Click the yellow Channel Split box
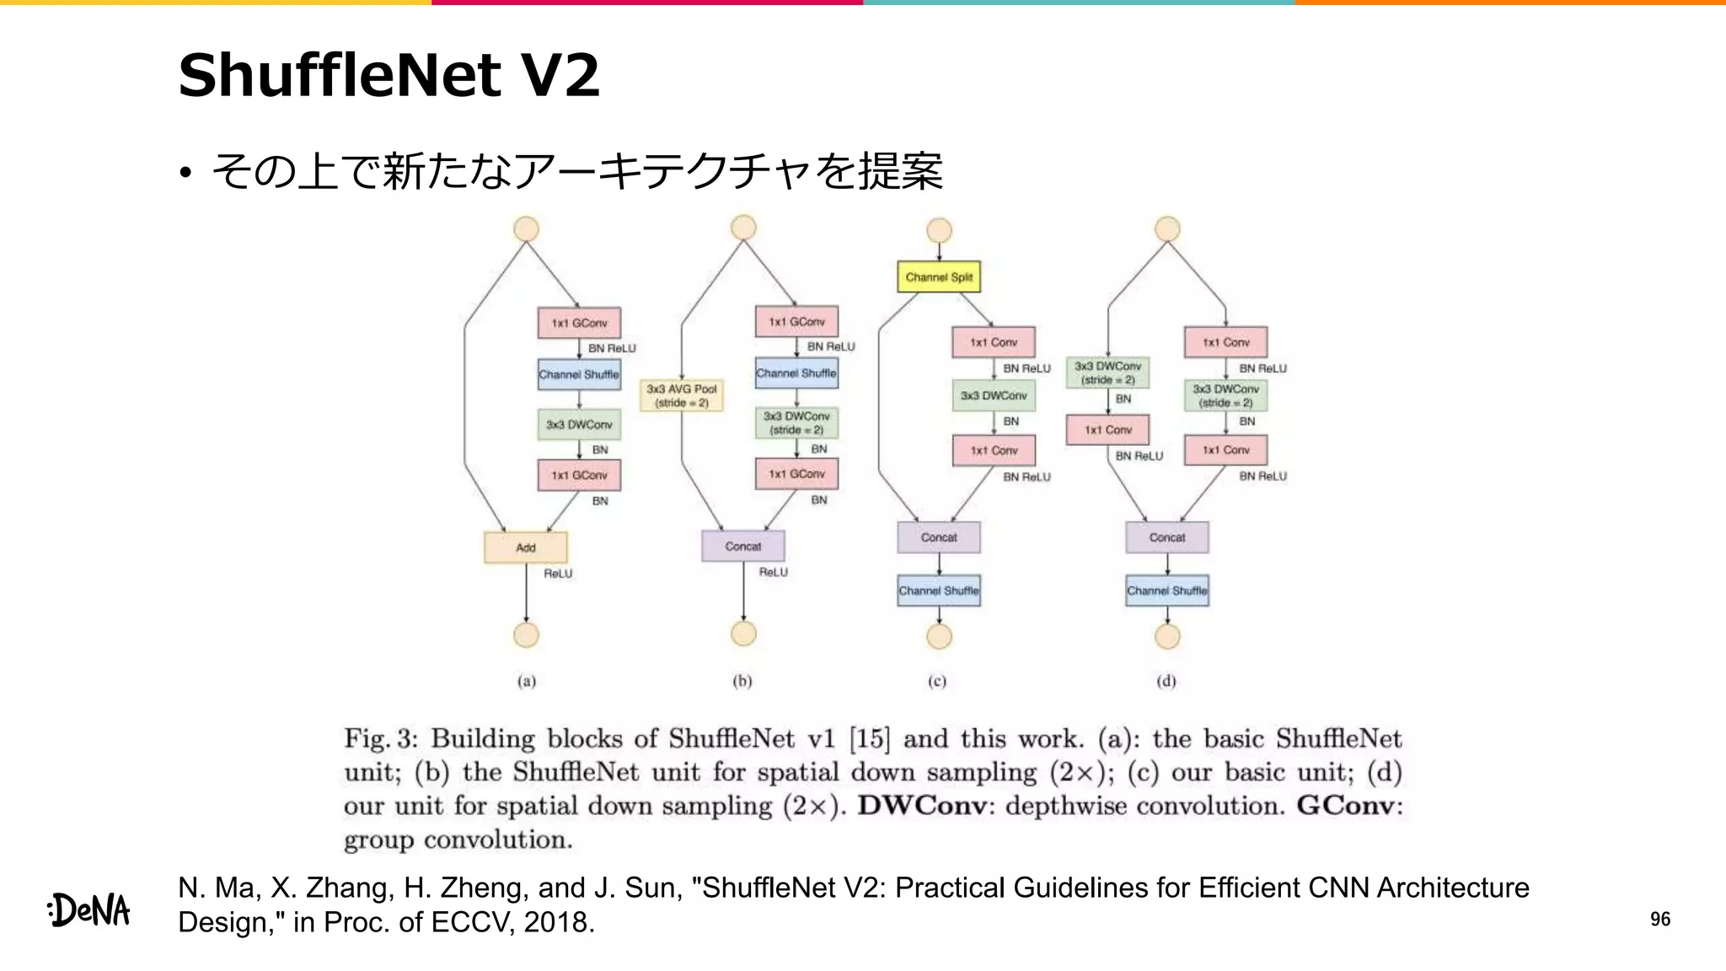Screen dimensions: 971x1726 click(x=938, y=276)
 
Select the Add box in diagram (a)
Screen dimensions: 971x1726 click(x=525, y=548)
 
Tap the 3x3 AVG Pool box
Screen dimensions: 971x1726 click(x=681, y=395)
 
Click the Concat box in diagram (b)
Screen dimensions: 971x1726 click(x=742, y=546)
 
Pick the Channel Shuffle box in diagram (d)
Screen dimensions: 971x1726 click(x=1166, y=591)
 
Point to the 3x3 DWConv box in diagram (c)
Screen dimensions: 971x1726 click(x=994, y=395)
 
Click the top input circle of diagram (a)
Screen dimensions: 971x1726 click(x=526, y=229)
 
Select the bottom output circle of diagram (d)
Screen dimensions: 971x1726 click(x=1167, y=636)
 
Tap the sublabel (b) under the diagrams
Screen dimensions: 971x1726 click(x=742, y=681)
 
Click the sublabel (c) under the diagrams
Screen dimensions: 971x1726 click(x=937, y=681)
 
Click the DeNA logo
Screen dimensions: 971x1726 click(x=89, y=910)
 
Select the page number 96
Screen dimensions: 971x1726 click(x=1659, y=919)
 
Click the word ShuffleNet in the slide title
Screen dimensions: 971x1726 click(x=341, y=76)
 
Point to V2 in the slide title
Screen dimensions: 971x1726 click(x=560, y=76)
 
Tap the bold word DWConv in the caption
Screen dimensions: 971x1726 click(x=921, y=806)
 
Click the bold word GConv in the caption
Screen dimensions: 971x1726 click(x=1345, y=806)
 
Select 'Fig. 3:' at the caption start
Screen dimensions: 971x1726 click(x=380, y=739)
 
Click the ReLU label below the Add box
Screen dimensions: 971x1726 click(x=557, y=574)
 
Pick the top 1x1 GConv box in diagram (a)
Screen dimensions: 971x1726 click(x=579, y=323)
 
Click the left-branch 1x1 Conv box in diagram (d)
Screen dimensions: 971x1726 click(x=1107, y=430)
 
